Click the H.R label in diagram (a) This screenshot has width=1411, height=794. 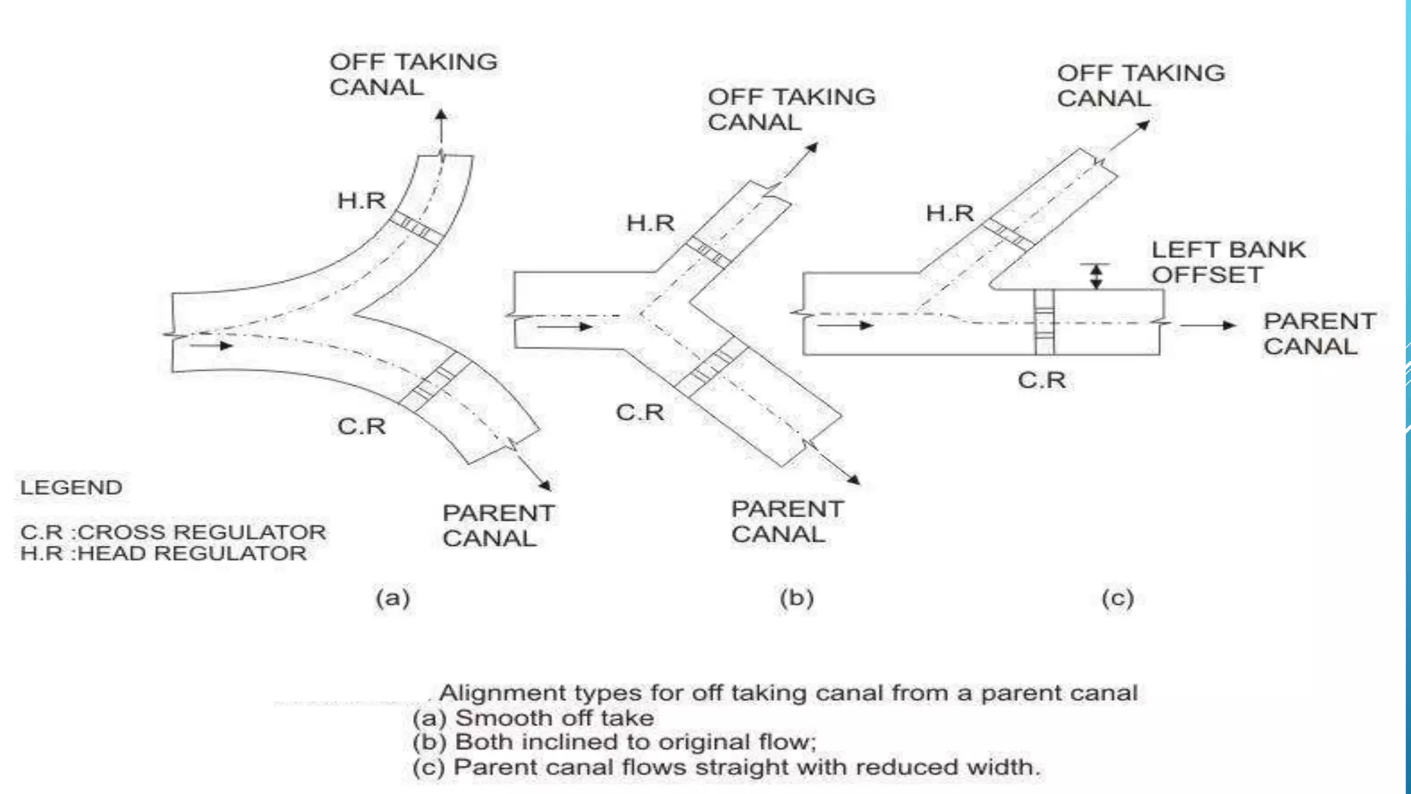point(361,201)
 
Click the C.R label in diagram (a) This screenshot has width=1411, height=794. point(361,426)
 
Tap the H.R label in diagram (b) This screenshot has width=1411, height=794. point(650,223)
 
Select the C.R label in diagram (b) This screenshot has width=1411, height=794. point(639,412)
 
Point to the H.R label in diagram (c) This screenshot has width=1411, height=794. point(949,213)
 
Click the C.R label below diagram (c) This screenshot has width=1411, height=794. point(1041,380)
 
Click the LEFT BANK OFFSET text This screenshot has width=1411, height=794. point(1228,262)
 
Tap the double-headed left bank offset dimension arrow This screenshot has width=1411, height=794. point(1095,276)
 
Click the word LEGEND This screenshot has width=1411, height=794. point(71,487)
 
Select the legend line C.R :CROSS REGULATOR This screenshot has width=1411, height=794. point(173,532)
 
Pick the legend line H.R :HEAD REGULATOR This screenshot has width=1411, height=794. point(163,553)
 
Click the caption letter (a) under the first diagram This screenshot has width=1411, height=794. point(393,597)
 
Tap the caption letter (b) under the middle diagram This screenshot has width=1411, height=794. point(796,597)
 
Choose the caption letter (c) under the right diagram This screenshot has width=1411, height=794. point(1118,597)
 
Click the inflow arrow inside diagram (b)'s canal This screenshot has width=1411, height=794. point(565,326)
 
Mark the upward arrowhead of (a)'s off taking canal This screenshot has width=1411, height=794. point(441,116)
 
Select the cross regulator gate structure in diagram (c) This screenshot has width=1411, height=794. point(1044,322)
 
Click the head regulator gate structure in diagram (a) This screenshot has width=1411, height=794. point(415,227)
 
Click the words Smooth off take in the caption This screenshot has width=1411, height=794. point(555,718)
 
